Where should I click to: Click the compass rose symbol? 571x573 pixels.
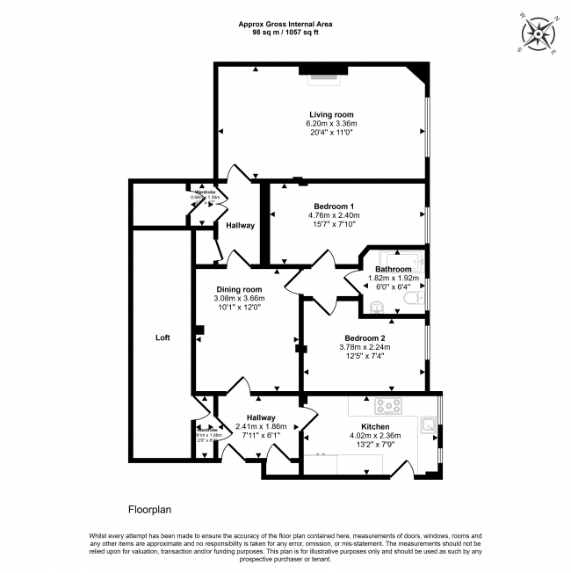click(537, 33)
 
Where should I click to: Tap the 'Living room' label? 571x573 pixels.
click(331, 115)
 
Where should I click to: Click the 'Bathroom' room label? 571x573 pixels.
click(393, 269)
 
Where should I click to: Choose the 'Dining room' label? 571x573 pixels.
click(239, 290)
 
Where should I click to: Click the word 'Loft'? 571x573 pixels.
click(163, 337)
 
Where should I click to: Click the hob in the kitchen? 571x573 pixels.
click(388, 406)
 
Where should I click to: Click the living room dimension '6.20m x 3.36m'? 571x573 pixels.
click(331, 124)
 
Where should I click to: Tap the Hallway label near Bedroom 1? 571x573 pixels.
click(240, 226)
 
